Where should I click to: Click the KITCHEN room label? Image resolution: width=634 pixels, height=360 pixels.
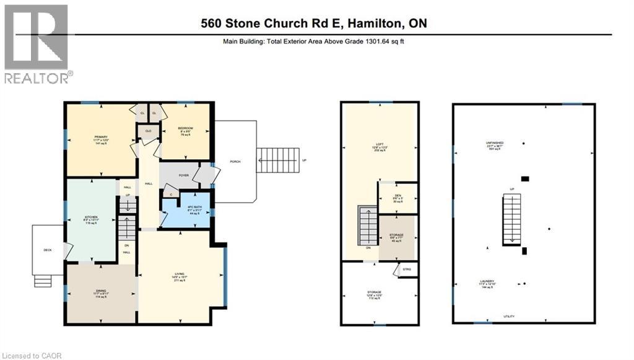tap(91, 217)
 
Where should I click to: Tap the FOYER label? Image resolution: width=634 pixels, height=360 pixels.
tap(184, 175)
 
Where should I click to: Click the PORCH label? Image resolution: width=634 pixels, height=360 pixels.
tap(235, 161)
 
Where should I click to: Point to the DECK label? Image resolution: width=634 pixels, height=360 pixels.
tap(48, 250)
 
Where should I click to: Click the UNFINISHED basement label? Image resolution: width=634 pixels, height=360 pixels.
tap(494, 144)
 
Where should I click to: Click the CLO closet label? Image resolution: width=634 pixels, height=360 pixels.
tap(149, 131)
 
